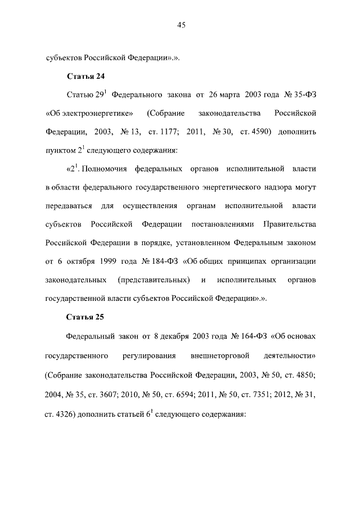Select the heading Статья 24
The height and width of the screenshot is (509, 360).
(85, 76)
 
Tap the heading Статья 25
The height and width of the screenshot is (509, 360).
(85, 317)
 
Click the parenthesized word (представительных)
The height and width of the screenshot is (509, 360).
(153, 280)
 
